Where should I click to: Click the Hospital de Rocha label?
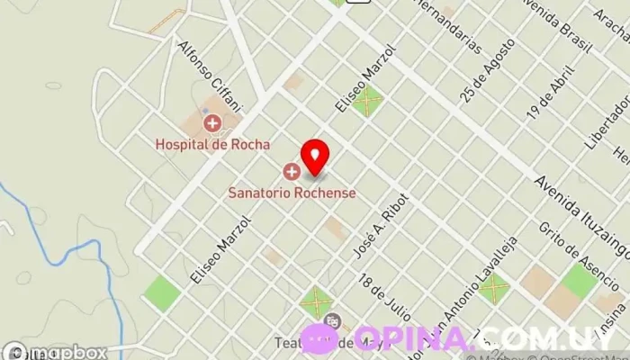[212, 143]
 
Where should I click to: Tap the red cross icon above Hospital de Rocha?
[211, 122]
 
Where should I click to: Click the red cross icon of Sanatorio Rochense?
[291, 171]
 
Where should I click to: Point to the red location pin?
[314, 157]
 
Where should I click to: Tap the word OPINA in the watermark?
[412, 339]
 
